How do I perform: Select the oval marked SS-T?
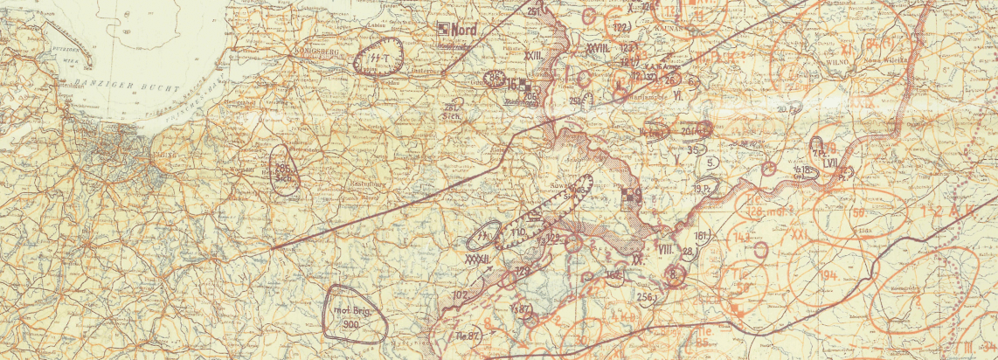379,59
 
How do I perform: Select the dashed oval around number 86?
495,79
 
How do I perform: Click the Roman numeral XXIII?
535,54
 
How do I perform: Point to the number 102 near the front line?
461,294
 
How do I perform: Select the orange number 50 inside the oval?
859,211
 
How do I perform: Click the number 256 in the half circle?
646,297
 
